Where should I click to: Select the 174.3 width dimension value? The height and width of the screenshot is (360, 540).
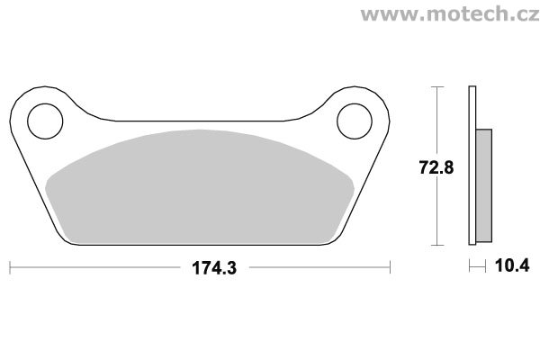(214, 268)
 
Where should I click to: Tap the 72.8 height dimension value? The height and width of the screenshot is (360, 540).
(436, 167)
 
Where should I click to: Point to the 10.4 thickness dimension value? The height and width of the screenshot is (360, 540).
(512, 265)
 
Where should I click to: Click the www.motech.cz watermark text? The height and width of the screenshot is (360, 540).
(450, 14)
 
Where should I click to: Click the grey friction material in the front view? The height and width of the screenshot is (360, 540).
(200, 187)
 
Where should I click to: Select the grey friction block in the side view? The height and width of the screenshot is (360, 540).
(484, 185)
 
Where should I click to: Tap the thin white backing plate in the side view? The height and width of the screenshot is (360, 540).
(472, 166)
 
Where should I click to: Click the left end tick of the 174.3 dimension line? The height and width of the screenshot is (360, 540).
(10, 267)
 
